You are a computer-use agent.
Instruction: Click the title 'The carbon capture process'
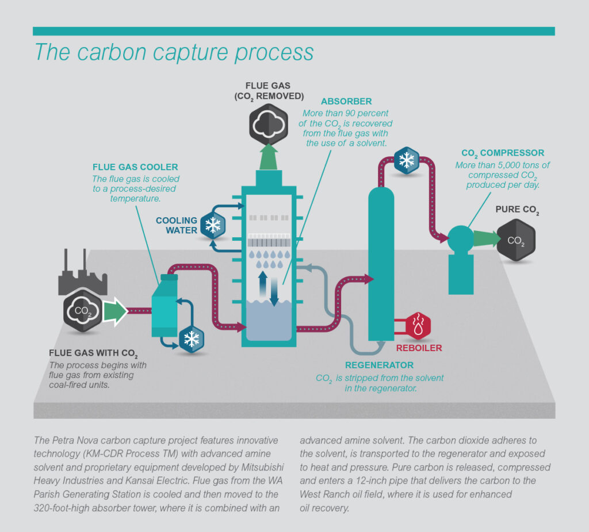[x=174, y=51]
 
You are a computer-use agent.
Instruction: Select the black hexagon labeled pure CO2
[x=516, y=240]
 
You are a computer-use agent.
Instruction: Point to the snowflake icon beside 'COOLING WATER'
[x=213, y=225]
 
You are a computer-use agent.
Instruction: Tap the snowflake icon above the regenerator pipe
[x=407, y=160]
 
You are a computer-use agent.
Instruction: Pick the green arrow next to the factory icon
[x=116, y=311]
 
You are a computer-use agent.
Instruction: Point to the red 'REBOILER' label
[x=419, y=348]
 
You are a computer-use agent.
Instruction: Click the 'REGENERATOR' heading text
[x=379, y=365]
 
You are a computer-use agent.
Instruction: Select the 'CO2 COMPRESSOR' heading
[x=503, y=153]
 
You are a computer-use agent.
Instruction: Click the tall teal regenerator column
[x=381, y=259]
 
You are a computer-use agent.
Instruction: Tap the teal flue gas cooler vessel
[x=166, y=307]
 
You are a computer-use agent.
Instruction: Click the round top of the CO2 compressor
[x=460, y=237]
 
